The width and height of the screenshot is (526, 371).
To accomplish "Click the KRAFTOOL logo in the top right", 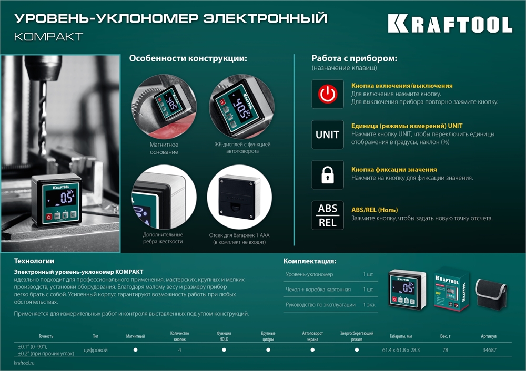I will (450, 24).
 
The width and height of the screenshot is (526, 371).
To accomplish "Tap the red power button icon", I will (327, 94).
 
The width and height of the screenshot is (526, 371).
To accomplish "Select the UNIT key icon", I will (327, 135).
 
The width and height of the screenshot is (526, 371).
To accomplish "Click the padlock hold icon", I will (327, 174).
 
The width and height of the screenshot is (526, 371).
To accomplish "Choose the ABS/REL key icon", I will (327, 215).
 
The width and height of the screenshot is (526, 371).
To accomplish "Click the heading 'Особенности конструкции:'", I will (188, 58).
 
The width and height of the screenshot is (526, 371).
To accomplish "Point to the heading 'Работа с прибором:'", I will (354, 58).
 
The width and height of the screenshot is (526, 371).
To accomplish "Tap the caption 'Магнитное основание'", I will (164, 148).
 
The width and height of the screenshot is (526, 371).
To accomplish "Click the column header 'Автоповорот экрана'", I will (312, 336).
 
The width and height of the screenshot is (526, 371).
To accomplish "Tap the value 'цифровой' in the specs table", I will (96, 349).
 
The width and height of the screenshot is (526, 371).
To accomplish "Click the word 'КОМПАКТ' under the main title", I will (49, 37).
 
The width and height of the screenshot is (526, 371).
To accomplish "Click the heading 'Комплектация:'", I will (310, 261).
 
